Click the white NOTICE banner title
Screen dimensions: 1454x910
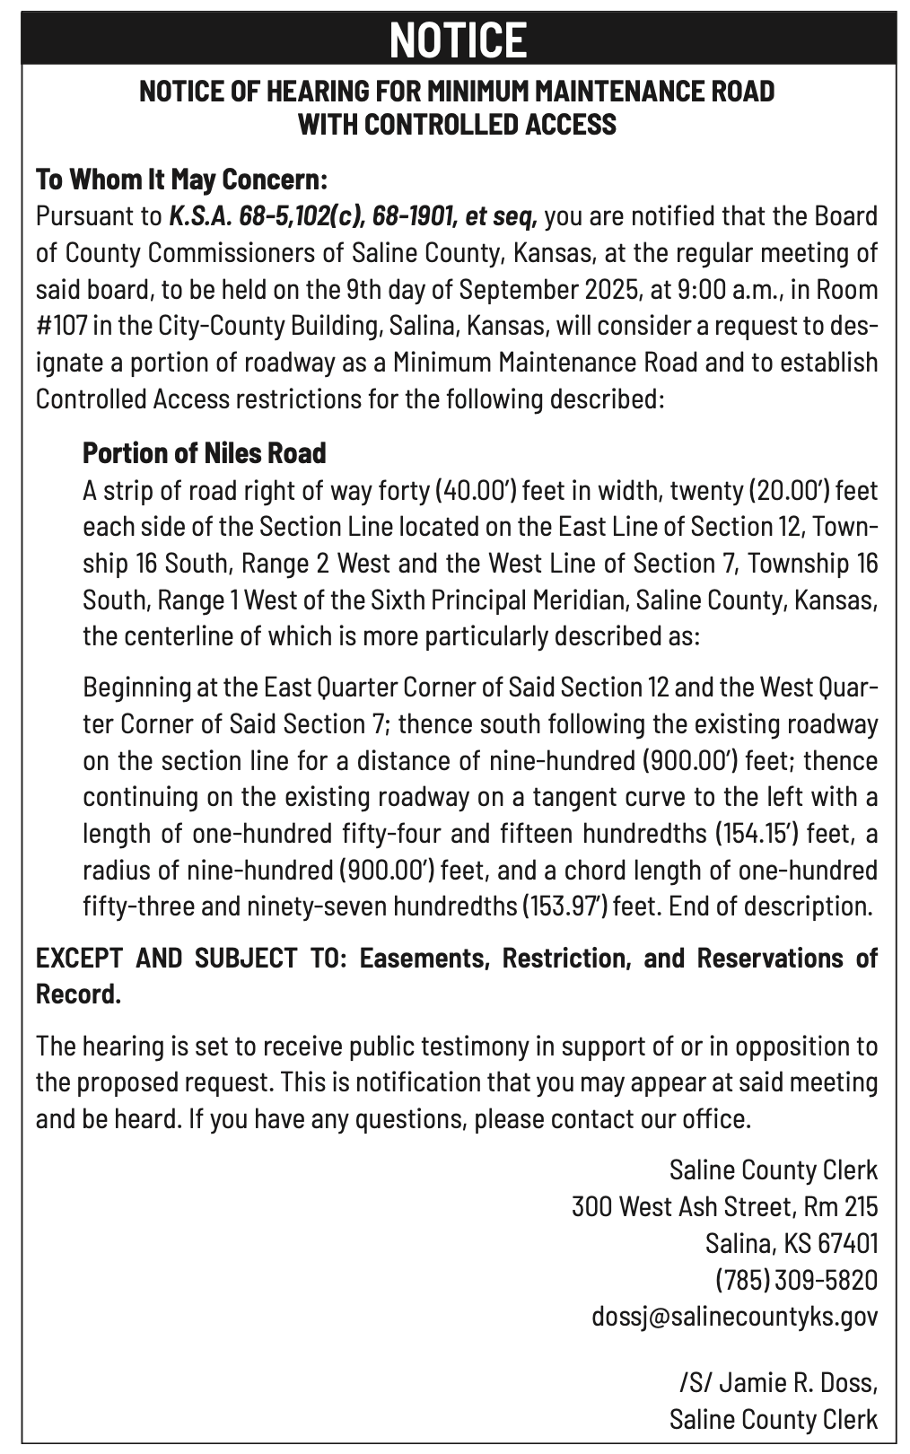pyautogui.click(x=458, y=40)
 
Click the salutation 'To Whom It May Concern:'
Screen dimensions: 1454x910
pyautogui.click(x=181, y=179)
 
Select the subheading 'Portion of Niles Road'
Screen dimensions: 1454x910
pyautogui.click(x=204, y=452)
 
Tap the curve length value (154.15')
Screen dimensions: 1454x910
pyautogui.click(x=757, y=833)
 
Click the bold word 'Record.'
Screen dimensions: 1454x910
pyautogui.click(x=78, y=994)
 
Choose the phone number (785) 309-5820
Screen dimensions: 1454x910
pyautogui.click(x=795, y=1279)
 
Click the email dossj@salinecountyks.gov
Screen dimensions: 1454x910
pyautogui.click(x=734, y=1316)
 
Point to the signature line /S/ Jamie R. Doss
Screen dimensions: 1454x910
pyautogui.click(x=777, y=1381)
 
